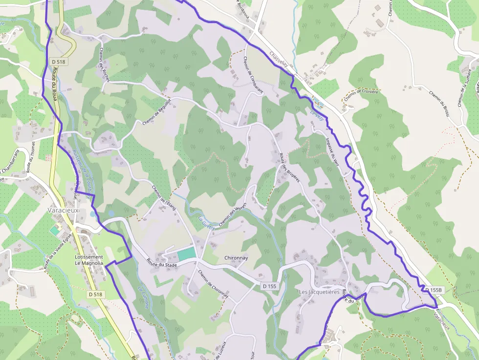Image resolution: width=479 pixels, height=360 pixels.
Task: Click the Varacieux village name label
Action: pos(63,210)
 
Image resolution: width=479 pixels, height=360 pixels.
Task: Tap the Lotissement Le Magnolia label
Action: pos(89,260)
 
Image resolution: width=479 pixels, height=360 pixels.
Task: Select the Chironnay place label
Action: pos(237,257)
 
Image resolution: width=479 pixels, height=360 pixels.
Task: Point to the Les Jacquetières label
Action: pos(319,292)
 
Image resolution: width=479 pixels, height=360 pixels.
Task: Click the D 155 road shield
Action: pos(269,286)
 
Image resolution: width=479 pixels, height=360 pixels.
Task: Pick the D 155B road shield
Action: pos(434,290)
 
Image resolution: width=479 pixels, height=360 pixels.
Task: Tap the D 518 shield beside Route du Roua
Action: pos(58,62)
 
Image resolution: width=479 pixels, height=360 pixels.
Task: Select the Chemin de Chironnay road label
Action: pos(213,284)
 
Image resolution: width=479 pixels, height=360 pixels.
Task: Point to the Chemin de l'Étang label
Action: pos(163,197)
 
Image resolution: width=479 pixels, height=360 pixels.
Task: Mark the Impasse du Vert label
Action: pos(332,150)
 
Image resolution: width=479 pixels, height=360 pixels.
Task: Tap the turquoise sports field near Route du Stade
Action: pos(186,254)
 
